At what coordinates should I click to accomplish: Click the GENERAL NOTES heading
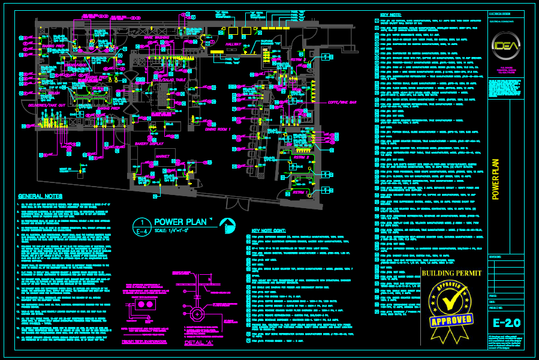coord(40,196)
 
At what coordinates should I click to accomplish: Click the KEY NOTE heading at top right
coord(391,14)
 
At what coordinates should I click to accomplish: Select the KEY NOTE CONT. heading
coord(270,230)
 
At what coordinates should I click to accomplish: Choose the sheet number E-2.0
coord(502,323)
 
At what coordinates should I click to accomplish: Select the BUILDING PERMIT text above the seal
coord(451,274)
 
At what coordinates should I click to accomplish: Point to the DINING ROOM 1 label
coord(218,129)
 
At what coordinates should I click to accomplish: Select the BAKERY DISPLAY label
coord(149,144)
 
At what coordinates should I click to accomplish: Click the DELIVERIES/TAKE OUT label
coord(46,106)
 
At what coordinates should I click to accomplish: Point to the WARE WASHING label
coord(156,37)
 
